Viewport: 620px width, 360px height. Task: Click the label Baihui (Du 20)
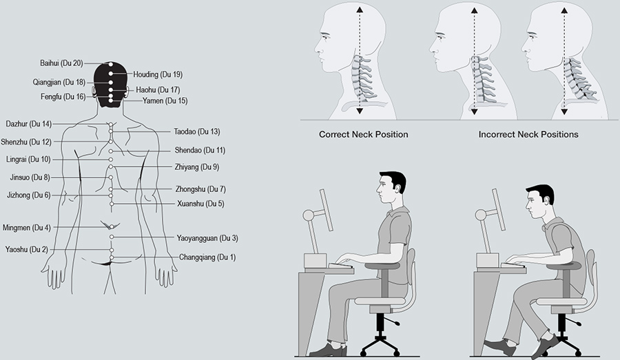61,63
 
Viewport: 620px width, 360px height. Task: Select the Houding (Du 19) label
158,74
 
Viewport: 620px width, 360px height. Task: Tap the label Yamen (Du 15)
165,101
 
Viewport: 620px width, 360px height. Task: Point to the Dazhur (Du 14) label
28,124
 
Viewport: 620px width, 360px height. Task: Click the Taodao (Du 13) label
197,131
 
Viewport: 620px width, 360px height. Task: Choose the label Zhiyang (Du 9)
197,167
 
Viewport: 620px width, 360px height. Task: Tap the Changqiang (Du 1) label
207,257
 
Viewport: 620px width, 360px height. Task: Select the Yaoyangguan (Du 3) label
208,238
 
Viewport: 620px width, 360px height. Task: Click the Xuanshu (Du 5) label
200,204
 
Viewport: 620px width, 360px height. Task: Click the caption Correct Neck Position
363,135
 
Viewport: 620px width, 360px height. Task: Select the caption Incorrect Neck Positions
528,135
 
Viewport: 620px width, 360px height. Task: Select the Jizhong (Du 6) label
28,195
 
